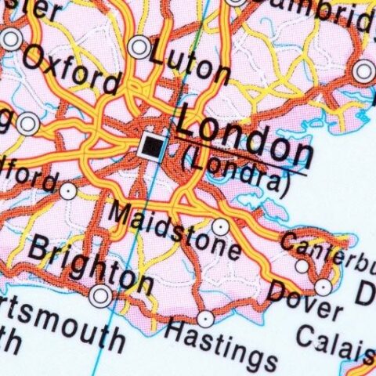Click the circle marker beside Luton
coord(140,46)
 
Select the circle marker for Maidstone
coord(221,227)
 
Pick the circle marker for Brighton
coord(100,295)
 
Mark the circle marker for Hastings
coord(204,319)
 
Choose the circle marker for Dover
coord(323,287)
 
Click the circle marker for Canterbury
coord(302,266)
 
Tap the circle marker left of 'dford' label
coord(69,190)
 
